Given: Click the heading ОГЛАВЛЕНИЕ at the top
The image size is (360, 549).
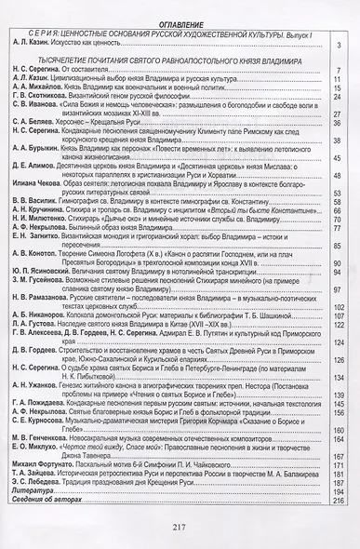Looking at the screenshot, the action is click(x=179, y=30).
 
